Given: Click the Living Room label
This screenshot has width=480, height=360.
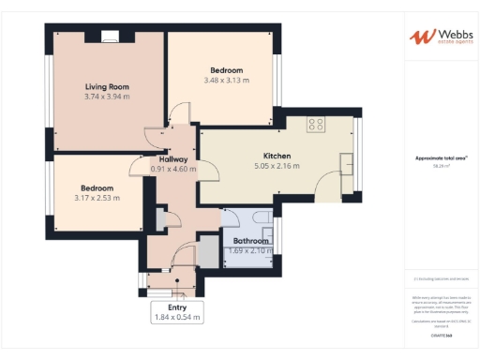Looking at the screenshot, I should coord(107,86).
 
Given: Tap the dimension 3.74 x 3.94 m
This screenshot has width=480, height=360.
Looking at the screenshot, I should coord(107,97).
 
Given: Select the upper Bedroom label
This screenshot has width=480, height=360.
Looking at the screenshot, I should coord(226,70).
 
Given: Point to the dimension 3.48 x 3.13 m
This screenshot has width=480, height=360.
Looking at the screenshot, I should coord(226,81).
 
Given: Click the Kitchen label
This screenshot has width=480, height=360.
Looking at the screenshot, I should coord(276,156).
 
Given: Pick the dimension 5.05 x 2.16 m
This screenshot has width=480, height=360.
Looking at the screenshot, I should coord(276,166).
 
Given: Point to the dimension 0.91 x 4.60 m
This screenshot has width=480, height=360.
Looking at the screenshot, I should coord(173,169).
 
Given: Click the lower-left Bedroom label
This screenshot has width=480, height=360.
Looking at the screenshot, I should coord(97,187).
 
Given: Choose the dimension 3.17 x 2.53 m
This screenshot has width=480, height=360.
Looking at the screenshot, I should coord(97,198).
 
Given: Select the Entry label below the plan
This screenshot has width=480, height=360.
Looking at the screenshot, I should coord(177,307).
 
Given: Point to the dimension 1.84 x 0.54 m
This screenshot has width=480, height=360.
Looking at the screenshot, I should coord(177,318).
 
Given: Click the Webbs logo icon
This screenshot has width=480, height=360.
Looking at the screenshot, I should coord(421,37).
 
